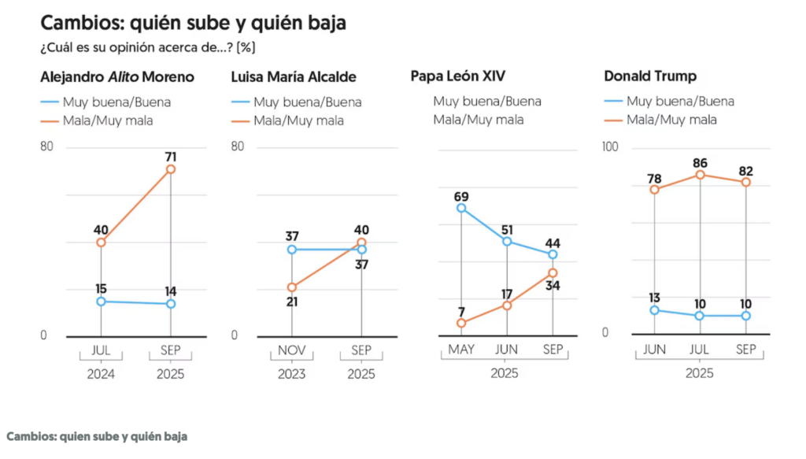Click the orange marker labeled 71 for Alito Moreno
(x=171, y=169)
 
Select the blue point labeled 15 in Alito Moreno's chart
(x=102, y=302)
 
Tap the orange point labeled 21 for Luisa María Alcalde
(x=292, y=287)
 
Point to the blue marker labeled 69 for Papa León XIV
(x=461, y=208)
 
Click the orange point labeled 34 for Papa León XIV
(x=553, y=273)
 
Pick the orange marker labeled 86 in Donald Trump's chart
(x=700, y=176)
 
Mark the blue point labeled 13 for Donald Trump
(x=654, y=310)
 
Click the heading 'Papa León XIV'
(x=457, y=76)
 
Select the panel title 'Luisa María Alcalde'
(x=294, y=77)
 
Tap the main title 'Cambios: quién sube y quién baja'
(x=194, y=23)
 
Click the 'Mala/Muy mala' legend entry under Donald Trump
(x=671, y=120)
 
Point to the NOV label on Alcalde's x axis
(x=292, y=350)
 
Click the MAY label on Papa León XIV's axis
(x=461, y=350)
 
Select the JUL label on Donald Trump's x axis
(x=700, y=350)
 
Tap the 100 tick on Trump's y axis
(x=610, y=147)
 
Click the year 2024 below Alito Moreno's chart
(x=101, y=374)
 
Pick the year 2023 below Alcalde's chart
(x=291, y=374)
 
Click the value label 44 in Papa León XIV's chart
(x=553, y=243)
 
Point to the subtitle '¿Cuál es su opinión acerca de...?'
(x=136, y=48)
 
